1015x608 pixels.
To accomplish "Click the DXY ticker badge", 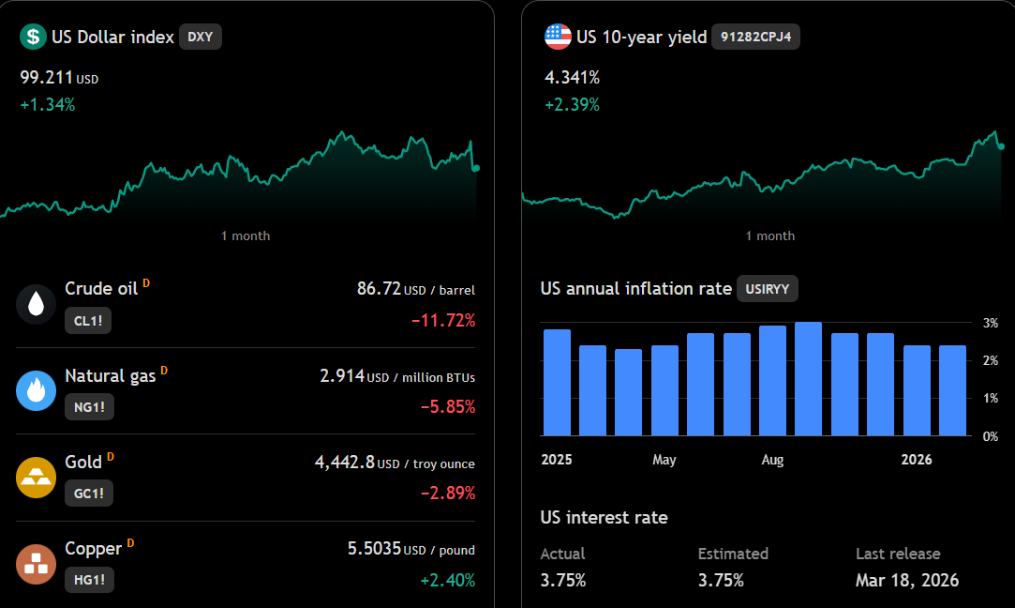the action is click(x=200, y=37).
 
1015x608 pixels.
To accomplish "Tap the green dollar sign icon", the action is click(x=33, y=37).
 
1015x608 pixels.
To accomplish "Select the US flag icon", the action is click(x=558, y=37).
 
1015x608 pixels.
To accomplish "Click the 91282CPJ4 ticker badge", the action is click(x=755, y=37).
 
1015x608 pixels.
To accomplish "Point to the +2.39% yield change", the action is click(x=573, y=105).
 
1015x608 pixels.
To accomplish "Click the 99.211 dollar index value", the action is click(x=46, y=78).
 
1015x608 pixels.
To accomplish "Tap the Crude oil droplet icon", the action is click(x=37, y=304).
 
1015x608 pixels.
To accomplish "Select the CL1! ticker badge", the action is click(x=88, y=321).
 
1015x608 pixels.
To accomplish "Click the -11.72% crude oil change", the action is click(x=443, y=320).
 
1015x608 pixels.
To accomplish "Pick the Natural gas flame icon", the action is click(x=37, y=390).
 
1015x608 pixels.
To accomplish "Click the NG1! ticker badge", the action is click(x=89, y=407).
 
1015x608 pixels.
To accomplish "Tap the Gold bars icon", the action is click(x=37, y=477).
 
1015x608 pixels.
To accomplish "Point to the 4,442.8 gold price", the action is click(x=344, y=463).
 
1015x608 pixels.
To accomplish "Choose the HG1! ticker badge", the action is click(x=89, y=580).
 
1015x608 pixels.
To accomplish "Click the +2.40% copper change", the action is click(x=448, y=580).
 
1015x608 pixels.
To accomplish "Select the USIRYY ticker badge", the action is click(x=767, y=289).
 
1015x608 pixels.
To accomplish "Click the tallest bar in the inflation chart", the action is click(x=808, y=378).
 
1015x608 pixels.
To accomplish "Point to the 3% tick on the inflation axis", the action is click(x=991, y=323).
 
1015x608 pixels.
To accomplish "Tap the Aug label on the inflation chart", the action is click(x=772, y=460).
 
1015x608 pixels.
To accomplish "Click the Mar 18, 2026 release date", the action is click(x=907, y=580).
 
